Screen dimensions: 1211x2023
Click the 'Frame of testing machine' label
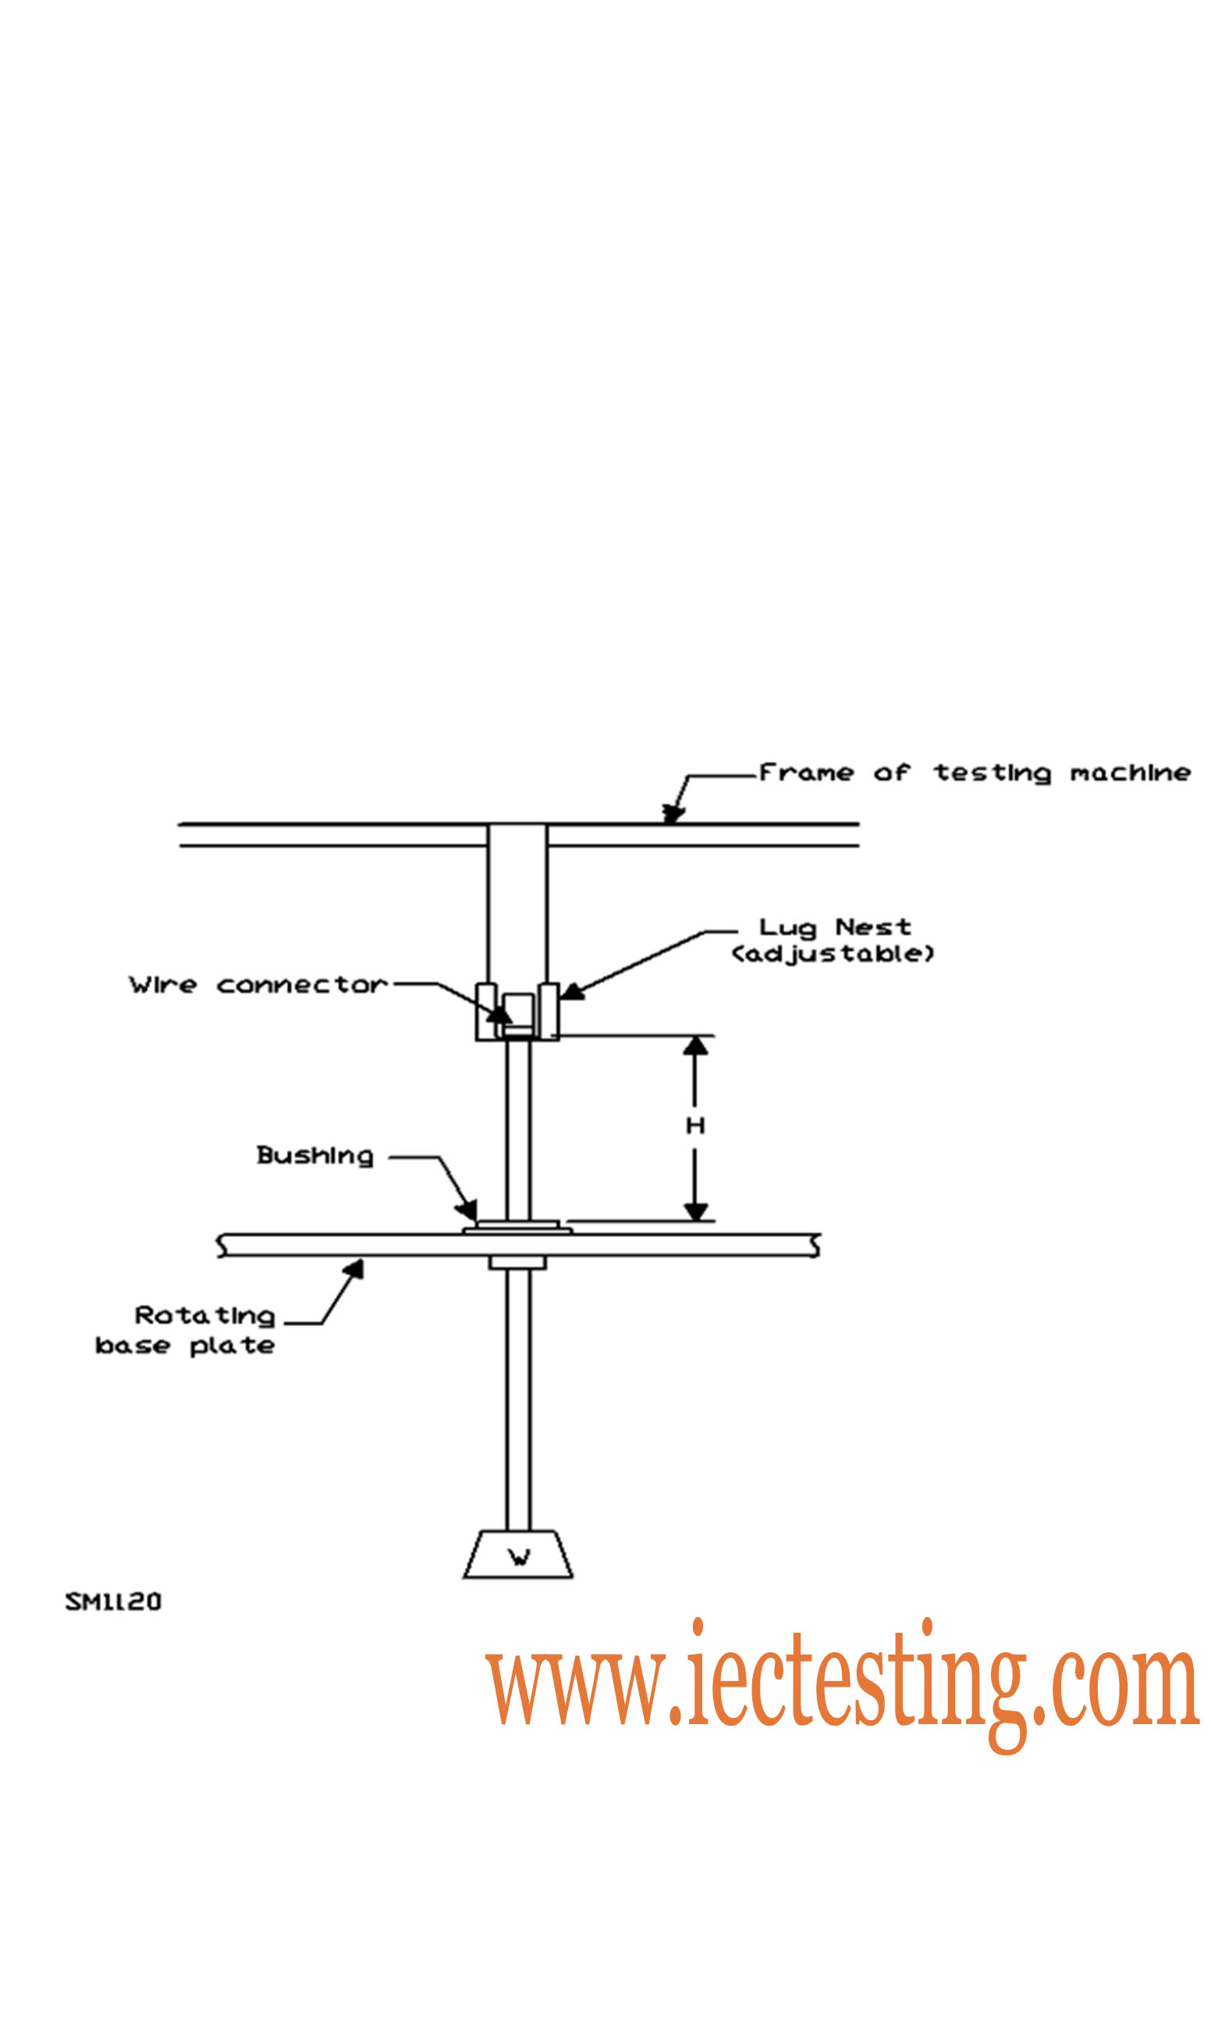tap(975, 773)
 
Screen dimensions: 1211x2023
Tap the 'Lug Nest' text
tap(835, 928)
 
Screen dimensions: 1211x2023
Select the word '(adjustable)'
tap(833, 954)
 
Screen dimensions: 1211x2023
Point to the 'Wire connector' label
tap(257, 985)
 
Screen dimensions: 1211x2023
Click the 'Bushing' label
tap(315, 1157)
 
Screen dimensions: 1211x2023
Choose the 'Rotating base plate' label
tap(185, 1331)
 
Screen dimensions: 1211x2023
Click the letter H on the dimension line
tap(695, 1126)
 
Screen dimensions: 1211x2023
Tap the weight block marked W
tap(518, 1555)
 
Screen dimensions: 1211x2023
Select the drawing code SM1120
tap(113, 1602)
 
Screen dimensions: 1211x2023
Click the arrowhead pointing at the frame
tap(673, 813)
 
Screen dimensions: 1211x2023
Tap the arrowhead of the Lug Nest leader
tap(572, 991)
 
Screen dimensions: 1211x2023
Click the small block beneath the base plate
tap(517, 1264)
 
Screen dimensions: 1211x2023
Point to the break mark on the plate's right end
tap(814, 1246)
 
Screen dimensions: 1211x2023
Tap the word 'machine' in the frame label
tap(1130, 773)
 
